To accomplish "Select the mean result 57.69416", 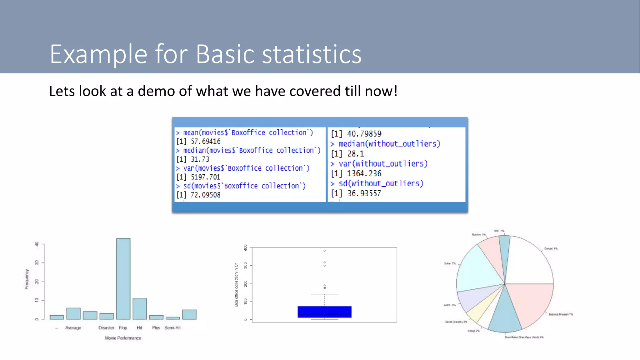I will point(205,142).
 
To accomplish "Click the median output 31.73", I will point(200,159).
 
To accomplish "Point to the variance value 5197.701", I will point(205,177).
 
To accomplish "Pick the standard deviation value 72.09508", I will point(205,195).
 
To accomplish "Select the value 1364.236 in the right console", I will point(364,173).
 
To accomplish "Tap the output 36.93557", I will point(364,193).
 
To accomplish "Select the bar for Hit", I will point(139,309).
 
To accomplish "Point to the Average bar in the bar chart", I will point(73,313).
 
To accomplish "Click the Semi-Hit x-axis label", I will point(172,328).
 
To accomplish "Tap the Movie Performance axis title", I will point(123,338).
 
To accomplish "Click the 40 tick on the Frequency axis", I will point(37,244).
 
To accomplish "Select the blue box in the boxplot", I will point(324,312).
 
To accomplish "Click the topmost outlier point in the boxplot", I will point(325,251).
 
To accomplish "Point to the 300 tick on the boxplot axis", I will point(246,265).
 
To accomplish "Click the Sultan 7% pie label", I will point(450,263).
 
